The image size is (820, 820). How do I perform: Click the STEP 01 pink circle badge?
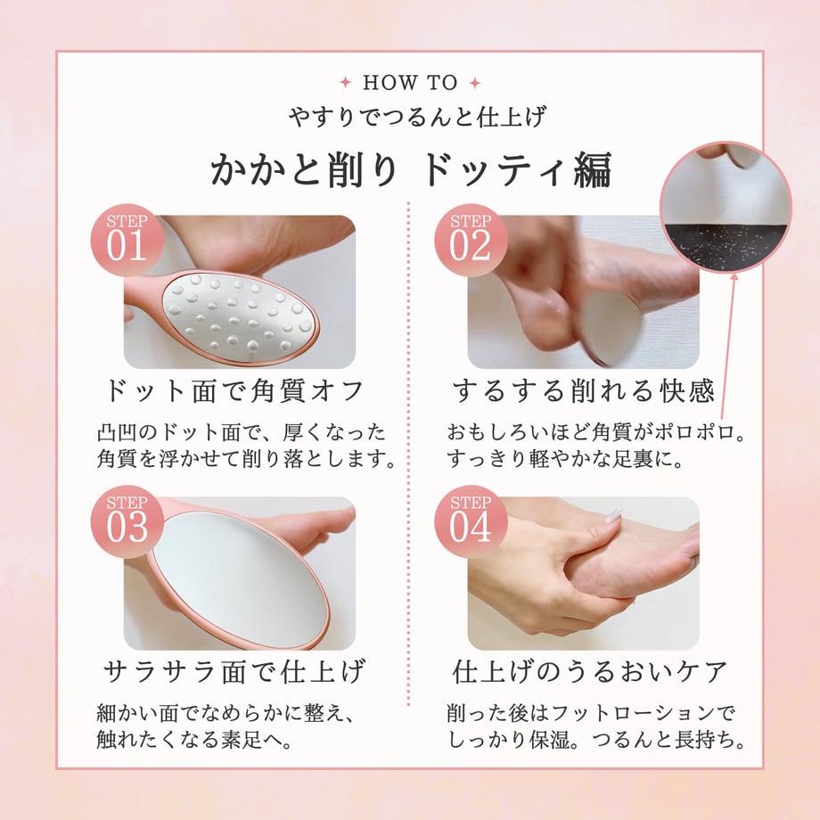[x=127, y=240]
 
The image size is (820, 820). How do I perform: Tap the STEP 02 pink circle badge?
[x=471, y=240]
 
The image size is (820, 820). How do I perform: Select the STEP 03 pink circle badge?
[x=127, y=522]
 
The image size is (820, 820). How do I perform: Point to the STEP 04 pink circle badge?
[x=471, y=522]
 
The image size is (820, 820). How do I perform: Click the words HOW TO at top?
[x=410, y=83]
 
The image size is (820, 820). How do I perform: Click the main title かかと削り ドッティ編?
[x=411, y=169]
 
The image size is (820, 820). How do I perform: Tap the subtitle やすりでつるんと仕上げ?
[x=417, y=116]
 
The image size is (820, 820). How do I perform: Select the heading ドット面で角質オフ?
[x=234, y=390]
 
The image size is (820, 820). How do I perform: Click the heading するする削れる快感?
[x=583, y=390]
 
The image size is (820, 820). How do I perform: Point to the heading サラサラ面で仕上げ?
[x=234, y=671]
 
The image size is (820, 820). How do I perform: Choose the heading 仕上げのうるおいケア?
[x=589, y=671]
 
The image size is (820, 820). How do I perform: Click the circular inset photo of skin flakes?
[x=726, y=207]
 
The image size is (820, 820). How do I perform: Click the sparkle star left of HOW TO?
[x=345, y=82]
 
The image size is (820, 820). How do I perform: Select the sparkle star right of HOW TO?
[x=475, y=83]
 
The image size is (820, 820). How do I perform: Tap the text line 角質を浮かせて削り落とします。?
[x=246, y=459]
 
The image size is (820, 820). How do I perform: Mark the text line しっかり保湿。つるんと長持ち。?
[x=596, y=740]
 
